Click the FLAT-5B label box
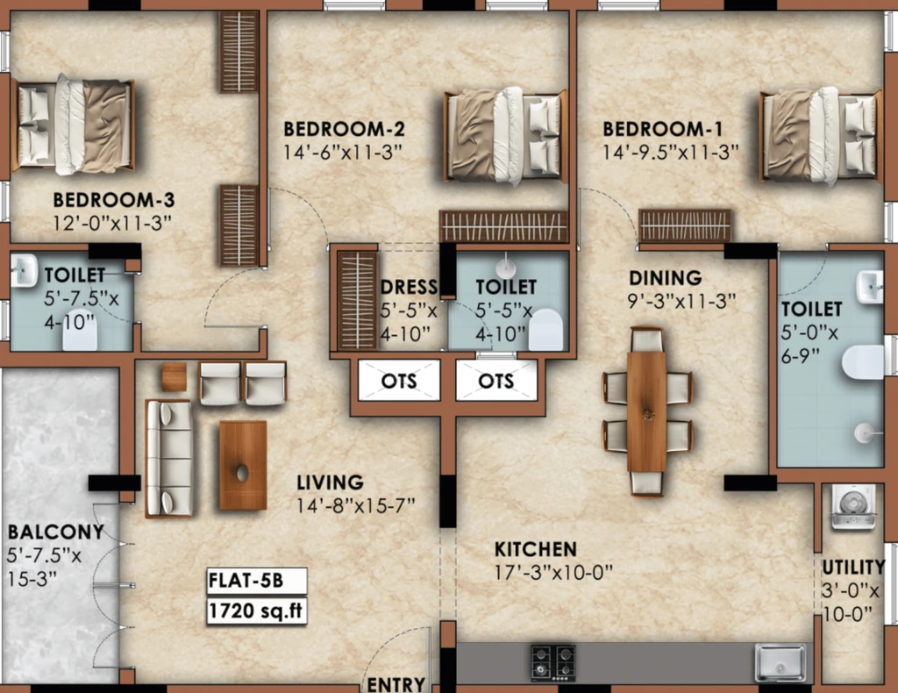pyautogui.click(x=257, y=581)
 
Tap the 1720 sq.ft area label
pyautogui.click(x=257, y=611)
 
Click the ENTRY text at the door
pyautogui.click(x=396, y=684)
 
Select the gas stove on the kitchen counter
pyautogui.click(x=553, y=662)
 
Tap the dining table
pyautogui.click(x=646, y=411)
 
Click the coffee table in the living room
pyautogui.click(x=243, y=465)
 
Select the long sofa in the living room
pyautogui.click(x=168, y=458)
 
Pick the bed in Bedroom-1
pyautogui.click(x=820, y=136)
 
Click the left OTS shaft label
pyautogui.click(x=399, y=381)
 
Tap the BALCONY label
pyautogui.click(x=55, y=532)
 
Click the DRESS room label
pyautogui.click(x=409, y=287)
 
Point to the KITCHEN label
pyautogui.click(x=536, y=549)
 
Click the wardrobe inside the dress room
pyautogui.click(x=357, y=300)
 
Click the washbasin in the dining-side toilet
pyautogui.click(x=869, y=287)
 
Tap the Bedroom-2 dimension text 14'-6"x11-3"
pyautogui.click(x=343, y=153)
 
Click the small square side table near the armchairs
pyautogui.click(x=174, y=377)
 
